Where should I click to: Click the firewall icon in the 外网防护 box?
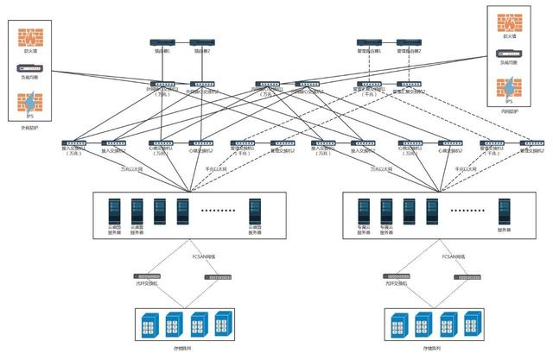coord(30,40)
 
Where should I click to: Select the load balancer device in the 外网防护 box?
coord(30,68)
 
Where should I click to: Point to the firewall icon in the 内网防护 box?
coord(510,23)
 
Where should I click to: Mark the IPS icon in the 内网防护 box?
coord(510,87)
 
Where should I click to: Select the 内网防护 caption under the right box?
coord(510,111)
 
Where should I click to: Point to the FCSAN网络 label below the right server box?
coord(455,256)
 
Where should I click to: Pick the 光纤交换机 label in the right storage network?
coord(396,284)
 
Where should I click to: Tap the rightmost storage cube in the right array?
coord(473,324)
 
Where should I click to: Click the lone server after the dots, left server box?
coord(256,211)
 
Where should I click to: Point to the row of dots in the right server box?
coord(467,210)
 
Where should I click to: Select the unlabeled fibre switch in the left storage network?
coord(218,276)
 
